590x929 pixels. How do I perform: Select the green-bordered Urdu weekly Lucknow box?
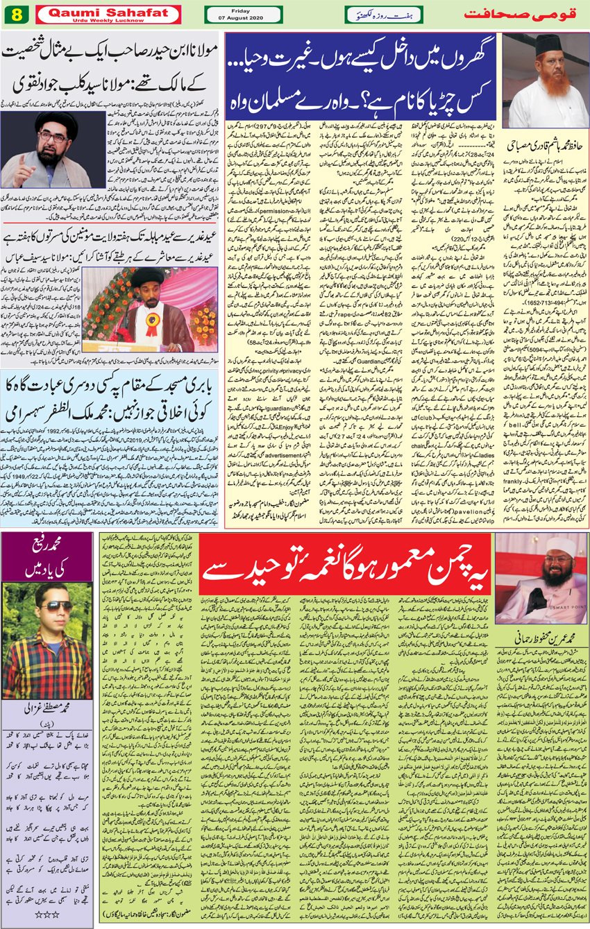382,13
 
